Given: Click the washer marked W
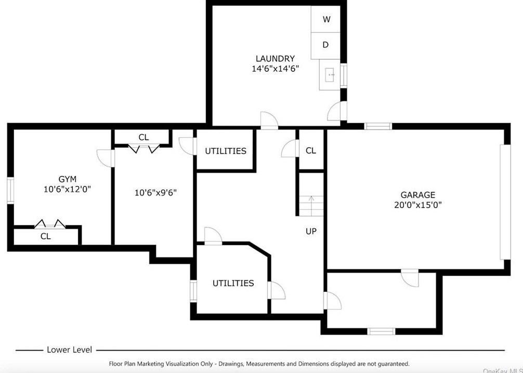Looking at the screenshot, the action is click(325, 19).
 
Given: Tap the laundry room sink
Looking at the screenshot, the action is click(330, 75).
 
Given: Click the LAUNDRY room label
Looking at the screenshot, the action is click(275, 59).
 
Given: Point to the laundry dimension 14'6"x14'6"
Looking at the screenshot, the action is click(275, 69).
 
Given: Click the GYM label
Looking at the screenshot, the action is click(68, 179).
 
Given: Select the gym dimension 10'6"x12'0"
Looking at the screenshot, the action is click(68, 189).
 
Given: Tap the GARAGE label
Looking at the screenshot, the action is click(417, 195).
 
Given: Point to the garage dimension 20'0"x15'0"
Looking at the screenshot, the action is click(417, 205).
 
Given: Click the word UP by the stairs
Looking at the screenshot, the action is click(311, 231).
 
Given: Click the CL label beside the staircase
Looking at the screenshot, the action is click(311, 151).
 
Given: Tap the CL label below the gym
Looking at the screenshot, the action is click(46, 237).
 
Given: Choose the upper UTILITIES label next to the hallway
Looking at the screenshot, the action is click(226, 151).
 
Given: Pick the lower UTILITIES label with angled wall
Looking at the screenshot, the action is click(233, 283).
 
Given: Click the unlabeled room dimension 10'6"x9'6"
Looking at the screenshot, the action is click(155, 192).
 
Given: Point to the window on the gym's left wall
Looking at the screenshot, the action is click(11, 190).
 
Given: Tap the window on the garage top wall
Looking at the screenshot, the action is click(377, 126).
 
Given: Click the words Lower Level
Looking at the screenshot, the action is click(69, 350).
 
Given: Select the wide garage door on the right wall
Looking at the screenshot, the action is click(505, 202).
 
